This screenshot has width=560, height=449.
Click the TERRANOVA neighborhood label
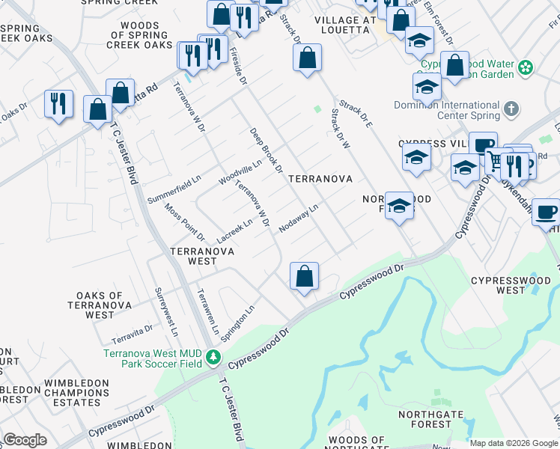tap(320, 180)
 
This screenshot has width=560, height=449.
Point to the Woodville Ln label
tap(240, 172)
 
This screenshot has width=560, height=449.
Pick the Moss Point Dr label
tap(174, 222)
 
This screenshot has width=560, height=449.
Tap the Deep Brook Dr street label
tap(266, 150)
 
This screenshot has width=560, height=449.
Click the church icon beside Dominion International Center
tap(511, 110)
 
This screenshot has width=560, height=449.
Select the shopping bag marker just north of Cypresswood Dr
tap(305, 276)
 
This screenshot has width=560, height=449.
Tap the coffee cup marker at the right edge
tap(546, 212)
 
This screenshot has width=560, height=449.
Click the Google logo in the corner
tap(25, 440)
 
